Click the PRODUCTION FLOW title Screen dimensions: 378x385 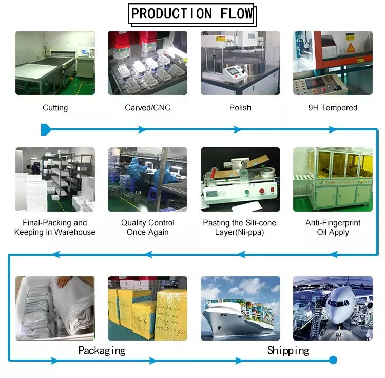pyautogui.click(x=192, y=13)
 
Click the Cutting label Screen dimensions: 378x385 pyautogui.click(x=55, y=108)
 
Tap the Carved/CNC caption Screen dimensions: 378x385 pyautogui.click(x=147, y=108)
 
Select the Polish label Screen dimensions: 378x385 pyautogui.click(x=240, y=108)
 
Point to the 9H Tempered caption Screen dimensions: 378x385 pyautogui.click(x=333, y=108)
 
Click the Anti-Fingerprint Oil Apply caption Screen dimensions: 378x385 pyautogui.click(x=333, y=228)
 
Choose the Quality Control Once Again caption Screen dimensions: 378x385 pyautogui.click(x=147, y=228)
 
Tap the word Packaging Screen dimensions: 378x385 pyautogui.click(x=102, y=351)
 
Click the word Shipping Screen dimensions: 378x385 pyautogui.click(x=288, y=351)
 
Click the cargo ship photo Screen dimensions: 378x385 pyautogui.click(x=240, y=308)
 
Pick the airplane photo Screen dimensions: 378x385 pyautogui.click(x=333, y=308)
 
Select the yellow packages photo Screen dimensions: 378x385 pyautogui.click(x=147, y=308)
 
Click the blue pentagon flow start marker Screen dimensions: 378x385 pyautogui.click(x=45, y=130)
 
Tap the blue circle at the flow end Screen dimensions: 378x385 pyautogui.click(x=333, y=360)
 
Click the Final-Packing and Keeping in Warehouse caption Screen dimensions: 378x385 pyautogui.click(x=55, y=228)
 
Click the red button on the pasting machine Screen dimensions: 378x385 pyautogui.click(x=262, y=191)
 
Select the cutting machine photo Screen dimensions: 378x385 pyautogui.click(x=55, y=63)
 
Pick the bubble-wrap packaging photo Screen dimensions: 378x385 pyautogui.click(x=55, y=308)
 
